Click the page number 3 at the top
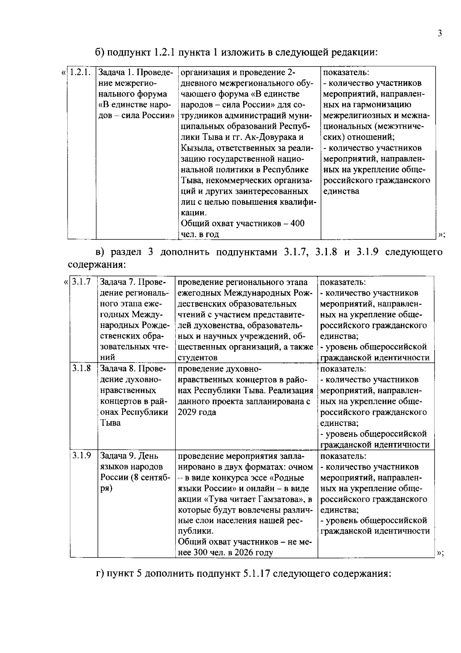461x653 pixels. [439, 33]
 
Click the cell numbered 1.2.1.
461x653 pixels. [80, 72]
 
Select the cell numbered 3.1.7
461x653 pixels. [81, 282]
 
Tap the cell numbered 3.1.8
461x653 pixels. [81, 368]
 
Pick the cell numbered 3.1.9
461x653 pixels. [81, 456]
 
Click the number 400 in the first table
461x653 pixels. [297, 224]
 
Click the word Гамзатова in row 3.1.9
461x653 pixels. [283, 499]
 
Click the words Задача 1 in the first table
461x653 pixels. [116, 72]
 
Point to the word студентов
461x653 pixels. [197, 357]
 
